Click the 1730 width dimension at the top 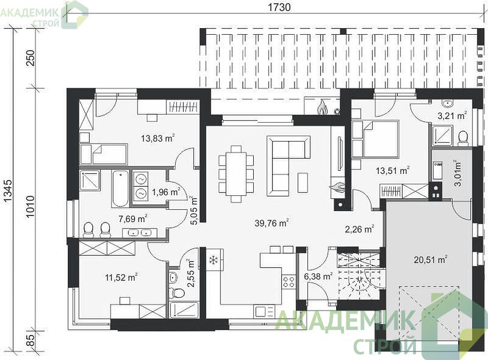(x=279, y=7)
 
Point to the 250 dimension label (x=30, y=57)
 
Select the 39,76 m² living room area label (x=271, y=223)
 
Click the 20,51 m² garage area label (x=431, y=259)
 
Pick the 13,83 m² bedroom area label (x=157, y=138)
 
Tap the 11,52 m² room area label (x=121, y=277)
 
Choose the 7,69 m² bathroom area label (x=133, y=219)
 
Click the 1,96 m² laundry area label (x=165, y=192)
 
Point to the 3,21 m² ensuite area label (x=452, y=116)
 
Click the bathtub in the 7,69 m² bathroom (x=120, y=189)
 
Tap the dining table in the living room (x=235, y=174)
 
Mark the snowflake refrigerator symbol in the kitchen (x=213, y=260)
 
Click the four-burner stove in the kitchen (x=288, y=282)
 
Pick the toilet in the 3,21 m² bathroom (x=464, y=139)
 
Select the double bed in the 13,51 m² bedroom (x=376, y=139)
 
